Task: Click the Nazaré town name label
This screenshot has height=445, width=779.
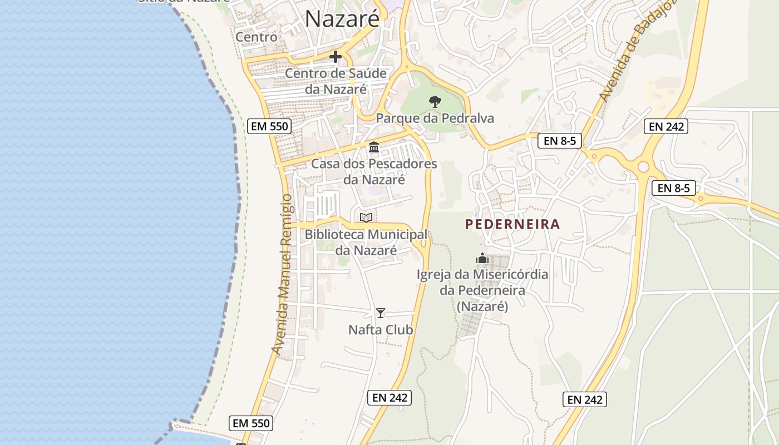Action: (342, 19)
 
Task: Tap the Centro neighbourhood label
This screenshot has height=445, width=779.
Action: (257, 37)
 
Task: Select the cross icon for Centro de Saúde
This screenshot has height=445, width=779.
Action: (336, 57)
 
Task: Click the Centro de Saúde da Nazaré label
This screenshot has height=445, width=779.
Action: (336, 81)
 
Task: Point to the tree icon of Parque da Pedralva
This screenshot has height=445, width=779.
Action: (435, 101)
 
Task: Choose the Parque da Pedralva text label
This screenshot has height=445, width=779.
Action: (435, 118)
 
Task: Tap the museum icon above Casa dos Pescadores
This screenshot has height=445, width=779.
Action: (374, 147)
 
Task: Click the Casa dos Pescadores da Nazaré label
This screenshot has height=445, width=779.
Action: (374, 172)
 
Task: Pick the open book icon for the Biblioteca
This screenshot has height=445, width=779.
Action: (366, 217)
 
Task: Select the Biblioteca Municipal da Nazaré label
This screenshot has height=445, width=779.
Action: (366, 243)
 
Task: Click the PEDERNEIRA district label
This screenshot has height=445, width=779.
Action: (512, 225)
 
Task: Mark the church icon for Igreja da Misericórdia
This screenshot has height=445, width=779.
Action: (482, 258)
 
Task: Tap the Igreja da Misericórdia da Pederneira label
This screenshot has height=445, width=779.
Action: (482, 290)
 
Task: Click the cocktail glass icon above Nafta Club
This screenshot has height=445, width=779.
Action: (381, 313)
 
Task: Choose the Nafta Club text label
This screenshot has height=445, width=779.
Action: (381, 330)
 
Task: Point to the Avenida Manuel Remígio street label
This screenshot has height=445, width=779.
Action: (283, 275)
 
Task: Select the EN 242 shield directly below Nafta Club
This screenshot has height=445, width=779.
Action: (389, 398)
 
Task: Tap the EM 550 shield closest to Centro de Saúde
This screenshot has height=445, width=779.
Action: (269, 126)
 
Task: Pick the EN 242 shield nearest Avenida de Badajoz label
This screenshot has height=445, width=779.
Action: (666, 126)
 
